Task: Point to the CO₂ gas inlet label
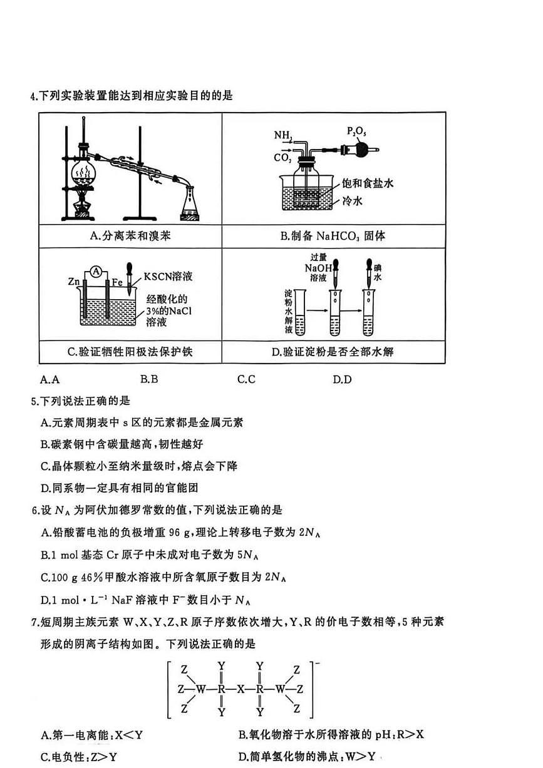click(282, 158)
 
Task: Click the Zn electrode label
click(73, 282)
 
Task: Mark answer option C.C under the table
click(247, 379)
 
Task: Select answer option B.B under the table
click(149, 379)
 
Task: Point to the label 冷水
click(354, 201)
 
